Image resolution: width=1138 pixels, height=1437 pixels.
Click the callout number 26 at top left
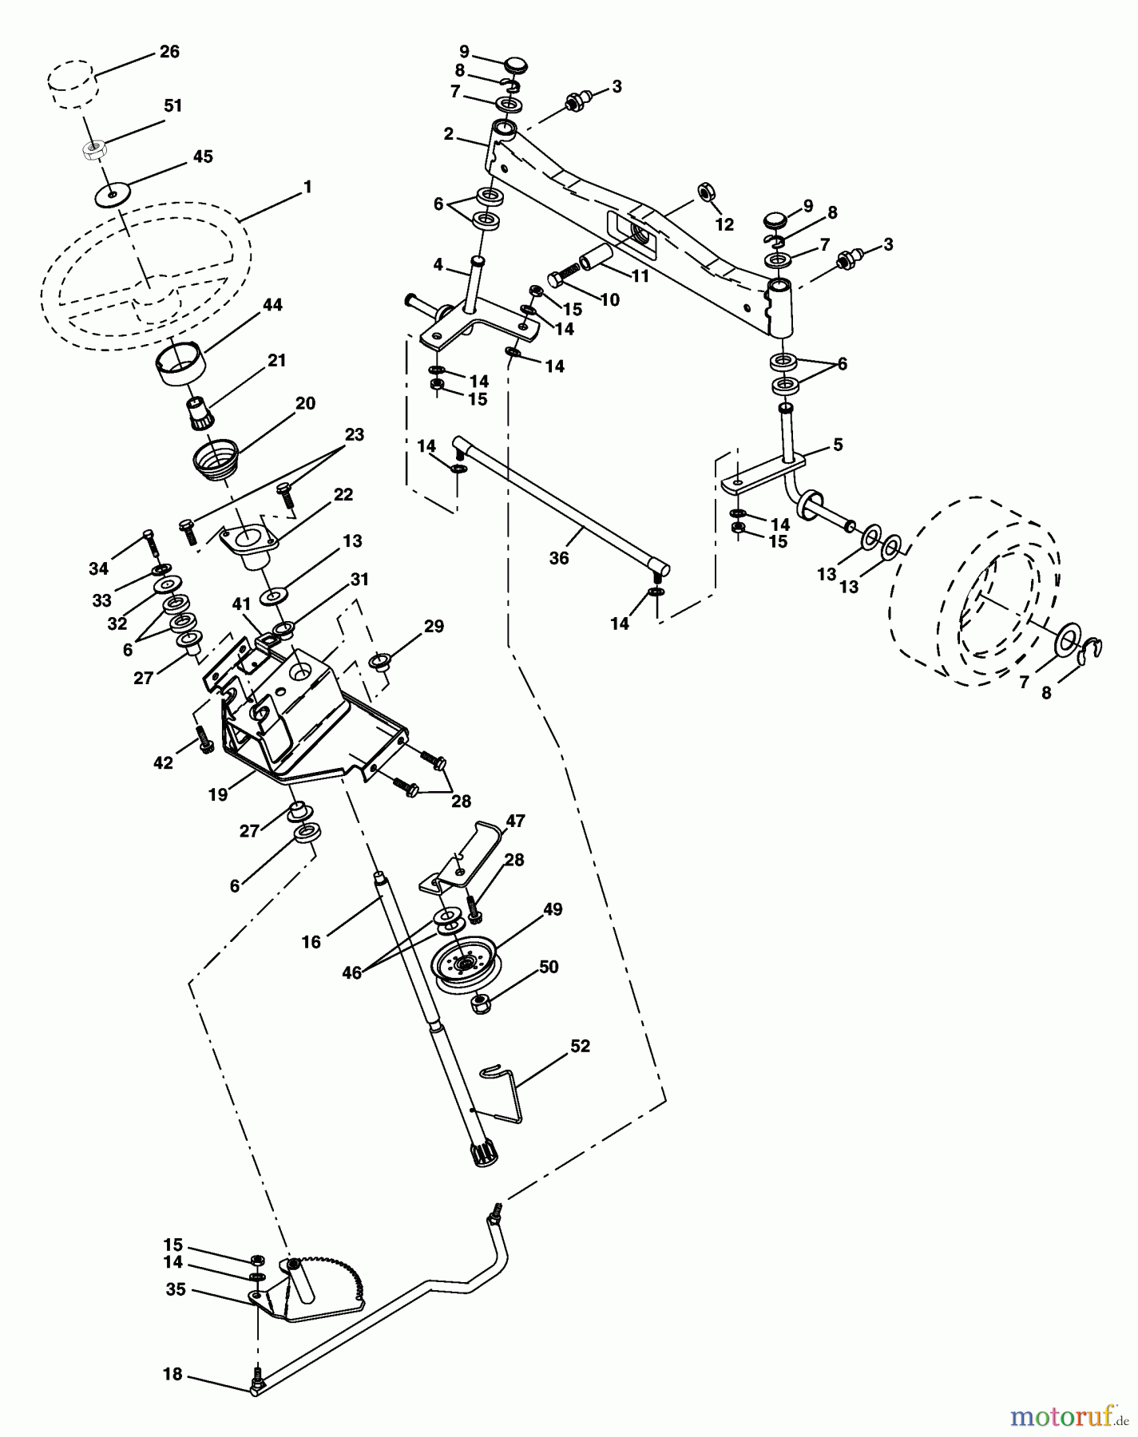169,52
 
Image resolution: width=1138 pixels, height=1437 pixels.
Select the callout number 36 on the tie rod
559,559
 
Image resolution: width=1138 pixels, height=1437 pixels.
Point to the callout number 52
580,1046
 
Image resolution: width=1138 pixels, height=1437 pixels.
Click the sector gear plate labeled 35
311,1289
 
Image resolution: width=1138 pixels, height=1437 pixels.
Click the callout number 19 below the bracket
217,795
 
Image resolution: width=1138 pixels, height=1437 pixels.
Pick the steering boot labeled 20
217,462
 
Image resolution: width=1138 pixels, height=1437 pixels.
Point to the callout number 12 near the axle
724,225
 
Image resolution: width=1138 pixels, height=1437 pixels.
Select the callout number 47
515,821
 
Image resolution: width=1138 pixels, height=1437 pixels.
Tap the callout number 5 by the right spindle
838,445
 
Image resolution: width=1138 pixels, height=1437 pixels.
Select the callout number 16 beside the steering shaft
311,942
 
